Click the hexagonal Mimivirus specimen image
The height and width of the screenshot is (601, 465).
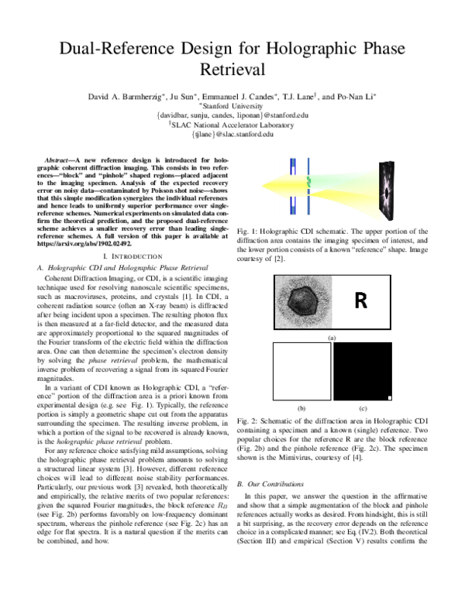(x=301, y=301)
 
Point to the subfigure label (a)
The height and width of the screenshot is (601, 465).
(x=332, y=338)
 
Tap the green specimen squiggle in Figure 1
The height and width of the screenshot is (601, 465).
(x=308, y=181)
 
